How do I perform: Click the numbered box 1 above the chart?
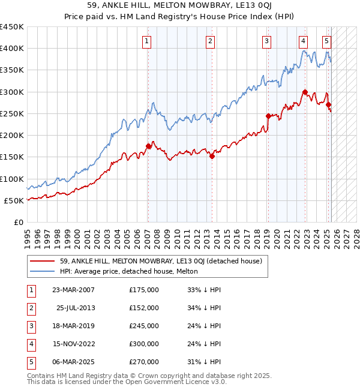click(147, 41)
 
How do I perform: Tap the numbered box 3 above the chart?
click(266, 41)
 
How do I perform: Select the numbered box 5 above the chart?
click(326, 41)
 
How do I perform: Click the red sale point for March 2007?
click(148, 146)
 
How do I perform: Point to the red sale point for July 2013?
click(212, 156)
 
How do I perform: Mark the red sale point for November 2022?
click(305, 92)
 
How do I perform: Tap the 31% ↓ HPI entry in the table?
click(205, 362)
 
